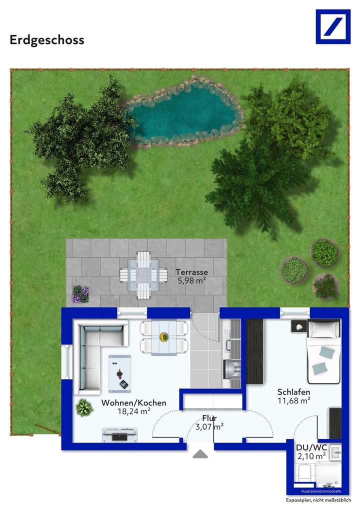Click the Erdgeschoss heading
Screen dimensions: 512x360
click(47, 40)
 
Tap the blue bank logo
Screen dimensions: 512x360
click(333, 26)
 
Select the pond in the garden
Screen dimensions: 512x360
click(183, 112)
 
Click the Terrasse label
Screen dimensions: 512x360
click(191, 272)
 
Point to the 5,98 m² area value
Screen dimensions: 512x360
click(191, 280)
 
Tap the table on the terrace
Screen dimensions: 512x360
click(143, 275)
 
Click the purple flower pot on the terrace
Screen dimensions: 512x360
click(80, 294)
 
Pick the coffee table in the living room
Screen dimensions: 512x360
click(119, 373)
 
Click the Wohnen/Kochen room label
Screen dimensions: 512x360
click(133, 403)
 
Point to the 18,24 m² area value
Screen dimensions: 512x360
click(133, 411)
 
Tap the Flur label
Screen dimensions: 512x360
click(209, 418)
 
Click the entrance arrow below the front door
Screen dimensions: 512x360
click(200, 454)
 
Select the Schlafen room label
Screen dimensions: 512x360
click(294, 392)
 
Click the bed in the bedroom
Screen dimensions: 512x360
click(323, 352)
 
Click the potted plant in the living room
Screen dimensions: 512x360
click(84, 407)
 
